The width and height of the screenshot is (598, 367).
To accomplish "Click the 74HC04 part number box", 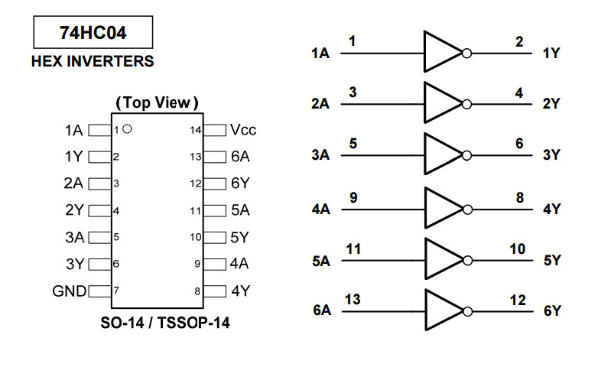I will tap(93, 33).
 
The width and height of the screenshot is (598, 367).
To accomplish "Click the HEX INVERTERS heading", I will tap(93, 61).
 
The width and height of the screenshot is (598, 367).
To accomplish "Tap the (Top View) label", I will tap(157, 102).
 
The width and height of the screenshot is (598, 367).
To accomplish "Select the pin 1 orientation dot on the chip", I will tap(127, 129).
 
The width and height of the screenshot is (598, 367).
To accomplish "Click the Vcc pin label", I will tap(243, 130).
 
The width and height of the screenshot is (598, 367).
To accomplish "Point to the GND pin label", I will tap(70, 291).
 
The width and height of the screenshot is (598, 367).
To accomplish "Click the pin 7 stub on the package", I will tap(99, 291).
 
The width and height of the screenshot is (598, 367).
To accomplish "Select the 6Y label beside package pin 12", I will tap(240, 183).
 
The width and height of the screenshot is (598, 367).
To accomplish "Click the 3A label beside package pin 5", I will tap(74, 237).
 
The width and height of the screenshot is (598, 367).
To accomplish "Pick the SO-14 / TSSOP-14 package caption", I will tap(165, 323).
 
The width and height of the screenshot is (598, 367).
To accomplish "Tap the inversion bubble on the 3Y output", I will tap(467, 154).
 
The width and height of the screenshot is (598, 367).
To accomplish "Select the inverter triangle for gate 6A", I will tap(442, 310).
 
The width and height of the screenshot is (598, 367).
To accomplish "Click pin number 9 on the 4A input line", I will tap(353, 197).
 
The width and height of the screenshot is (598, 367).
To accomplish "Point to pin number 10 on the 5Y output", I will tap(518, 248).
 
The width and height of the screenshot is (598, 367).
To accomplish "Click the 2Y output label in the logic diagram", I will tap(551, 104).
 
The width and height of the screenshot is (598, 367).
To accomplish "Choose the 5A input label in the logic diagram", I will tap(320, 261).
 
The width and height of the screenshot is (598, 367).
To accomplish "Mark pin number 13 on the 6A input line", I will tap(353, 299).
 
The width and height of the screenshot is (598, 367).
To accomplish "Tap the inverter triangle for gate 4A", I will tap(442, 207).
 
